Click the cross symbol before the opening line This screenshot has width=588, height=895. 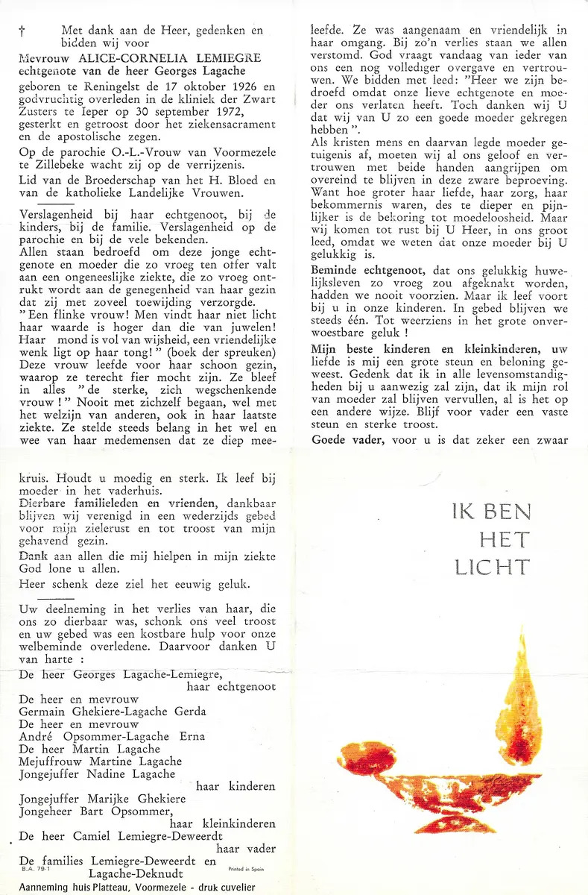(21, 32)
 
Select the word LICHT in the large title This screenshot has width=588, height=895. (492, 566)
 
